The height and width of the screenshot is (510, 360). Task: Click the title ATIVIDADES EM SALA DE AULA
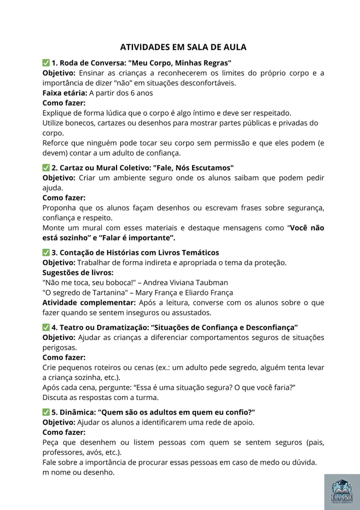183,47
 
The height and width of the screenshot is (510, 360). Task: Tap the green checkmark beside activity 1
46,63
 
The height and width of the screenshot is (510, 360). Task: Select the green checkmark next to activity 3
46,253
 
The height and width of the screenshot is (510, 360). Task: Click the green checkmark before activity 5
46,412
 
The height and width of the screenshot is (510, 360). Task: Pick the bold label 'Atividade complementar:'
86,302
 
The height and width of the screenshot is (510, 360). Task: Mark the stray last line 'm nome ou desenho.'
78,472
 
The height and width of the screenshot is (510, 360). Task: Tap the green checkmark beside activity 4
46,327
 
